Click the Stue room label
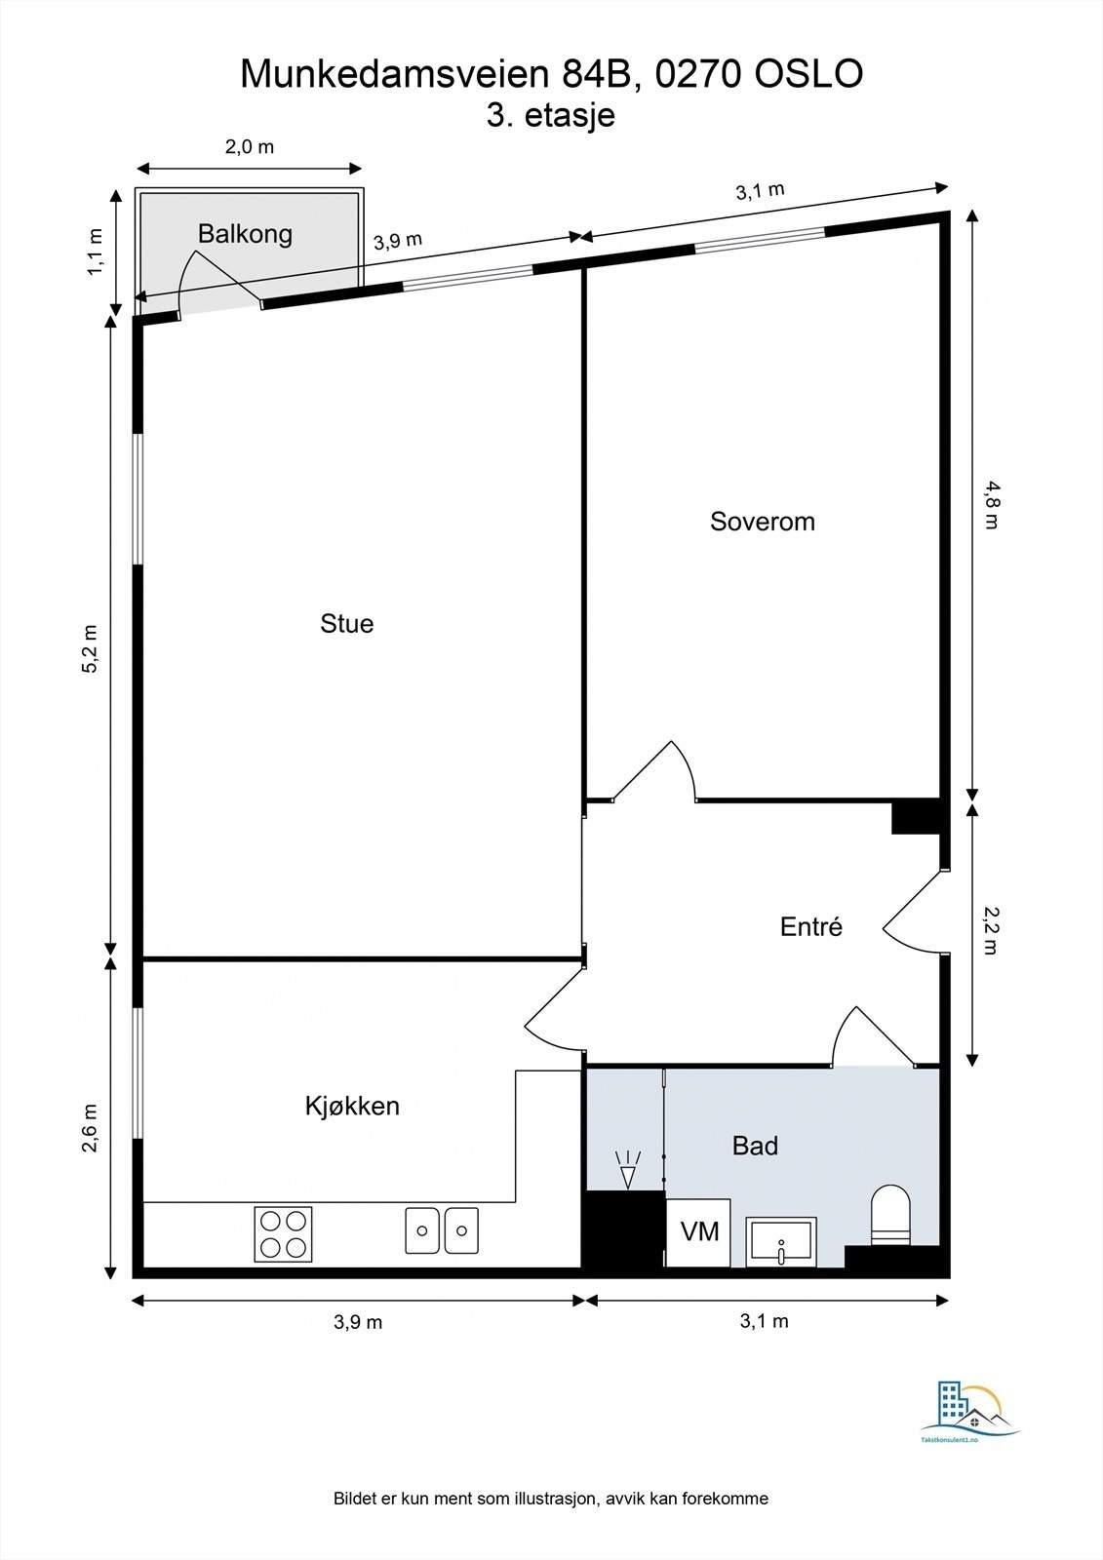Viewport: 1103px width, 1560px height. [346, 623]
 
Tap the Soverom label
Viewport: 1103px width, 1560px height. [762, 521]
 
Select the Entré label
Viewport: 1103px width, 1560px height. [810, 926]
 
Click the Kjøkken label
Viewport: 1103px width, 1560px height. [352, 1106]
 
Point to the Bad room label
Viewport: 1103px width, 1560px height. [755, 1145]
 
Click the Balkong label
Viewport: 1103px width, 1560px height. [245, 233]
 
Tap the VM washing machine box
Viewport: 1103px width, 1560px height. [699, 1232]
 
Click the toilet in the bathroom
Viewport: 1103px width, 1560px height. [889, 1217]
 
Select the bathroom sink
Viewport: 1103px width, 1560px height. [781, 1241]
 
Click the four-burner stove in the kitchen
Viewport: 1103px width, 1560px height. [284, 1233]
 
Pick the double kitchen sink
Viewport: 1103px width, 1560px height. [442, 1230]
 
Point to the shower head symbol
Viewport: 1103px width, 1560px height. [627, 1170]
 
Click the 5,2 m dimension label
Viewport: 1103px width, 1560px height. [91, 647]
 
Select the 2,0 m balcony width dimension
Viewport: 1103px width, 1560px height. [250, 147]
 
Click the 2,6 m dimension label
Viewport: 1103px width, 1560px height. [91, 1128]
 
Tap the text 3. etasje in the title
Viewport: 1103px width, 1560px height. [551, 115]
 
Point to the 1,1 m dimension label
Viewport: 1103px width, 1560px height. [95, 252]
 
